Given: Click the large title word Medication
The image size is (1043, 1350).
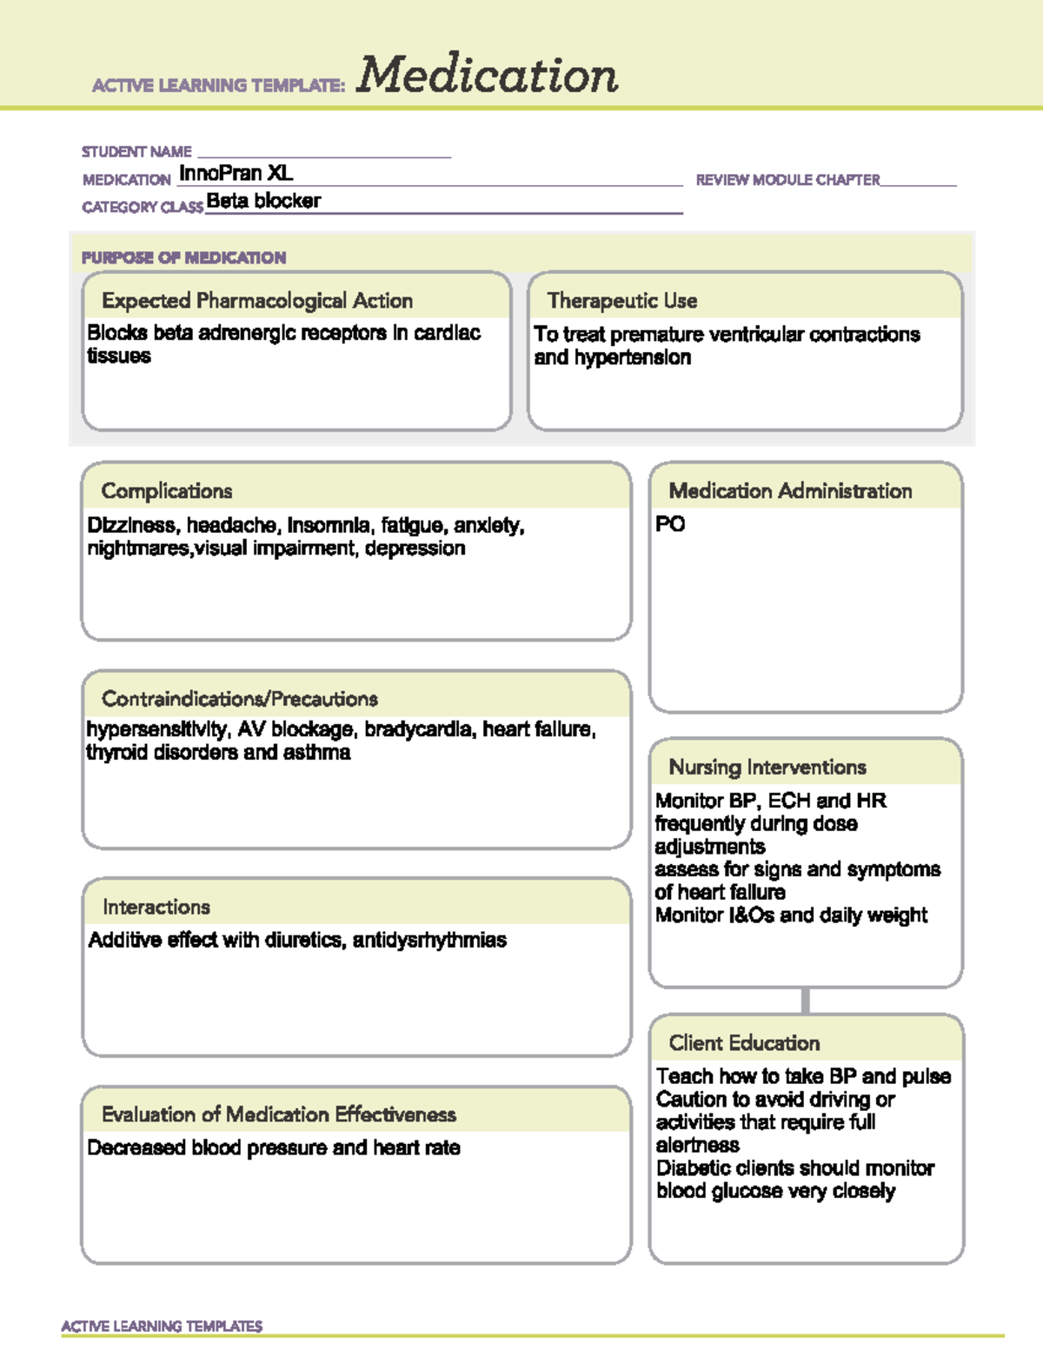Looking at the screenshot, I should point(487,75).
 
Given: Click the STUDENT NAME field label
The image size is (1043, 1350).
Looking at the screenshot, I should point(136,152).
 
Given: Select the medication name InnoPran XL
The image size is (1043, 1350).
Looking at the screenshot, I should point(236,174).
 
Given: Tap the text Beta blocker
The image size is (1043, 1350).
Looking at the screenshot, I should point(263,202).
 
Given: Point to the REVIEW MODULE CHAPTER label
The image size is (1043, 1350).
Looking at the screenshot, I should point(787,180).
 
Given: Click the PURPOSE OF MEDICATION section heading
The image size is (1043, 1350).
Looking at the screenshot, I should point(183,258).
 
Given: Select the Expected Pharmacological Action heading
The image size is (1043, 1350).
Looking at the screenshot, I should point(256,301).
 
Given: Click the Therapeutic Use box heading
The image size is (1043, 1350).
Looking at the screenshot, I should point(621,301).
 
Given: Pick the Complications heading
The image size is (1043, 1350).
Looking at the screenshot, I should point(166,491).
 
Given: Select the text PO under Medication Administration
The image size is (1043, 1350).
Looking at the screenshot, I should point(670,524).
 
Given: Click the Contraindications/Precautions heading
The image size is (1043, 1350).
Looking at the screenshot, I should point(239,699).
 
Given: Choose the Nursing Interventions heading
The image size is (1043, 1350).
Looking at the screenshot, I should point(767,768).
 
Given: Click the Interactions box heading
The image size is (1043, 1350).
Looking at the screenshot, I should point(156,908).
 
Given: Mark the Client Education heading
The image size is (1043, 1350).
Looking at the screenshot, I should point(744,1043).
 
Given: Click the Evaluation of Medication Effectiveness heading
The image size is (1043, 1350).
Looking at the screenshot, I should point(278,1114).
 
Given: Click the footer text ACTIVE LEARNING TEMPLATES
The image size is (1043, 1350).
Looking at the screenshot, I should point(162,1327).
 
